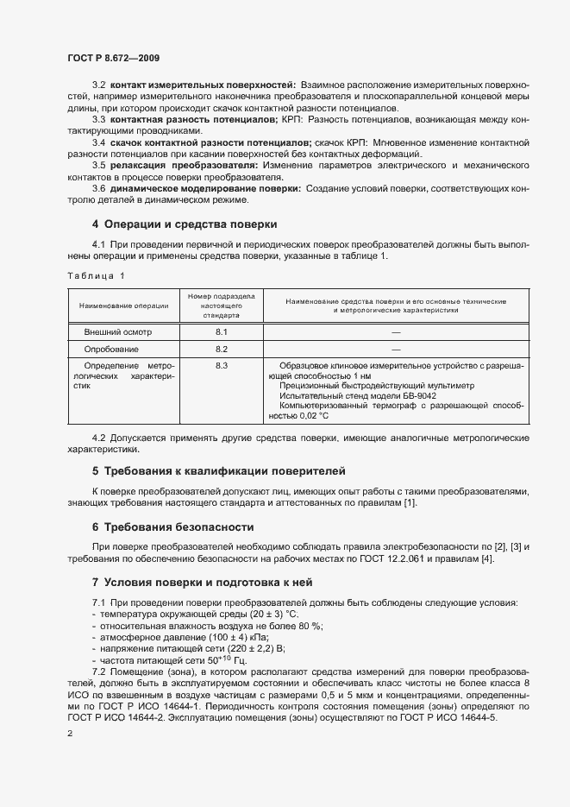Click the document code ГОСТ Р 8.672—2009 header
[113, 58]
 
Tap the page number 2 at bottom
[70, 734]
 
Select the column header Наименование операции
[123, 306]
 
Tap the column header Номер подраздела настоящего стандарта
[221, 306]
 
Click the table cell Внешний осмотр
[117, 332]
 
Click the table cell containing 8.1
[221, 332]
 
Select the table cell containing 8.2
[221, 350]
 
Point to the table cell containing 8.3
[221, 367]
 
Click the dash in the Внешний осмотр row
[396, 332]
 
